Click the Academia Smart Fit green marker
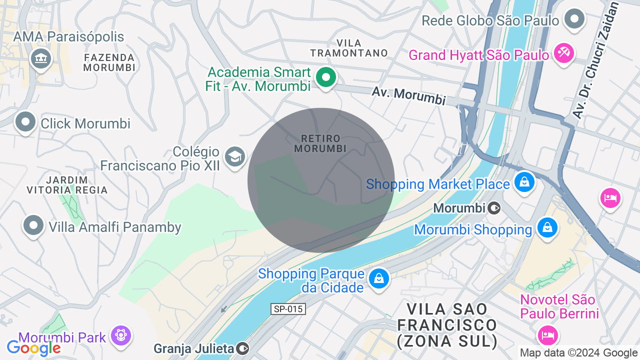coord(326,77)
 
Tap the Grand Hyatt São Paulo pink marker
coord(564,53)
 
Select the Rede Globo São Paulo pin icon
coord(574,19)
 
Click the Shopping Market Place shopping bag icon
coord(524,181)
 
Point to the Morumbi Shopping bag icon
coord(547,228)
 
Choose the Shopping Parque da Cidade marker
coord(379,278)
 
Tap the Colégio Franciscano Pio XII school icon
coord(234,157)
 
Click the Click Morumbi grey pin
coord(25,121)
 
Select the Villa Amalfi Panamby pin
coord(33,225)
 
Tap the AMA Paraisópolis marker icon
coord(41,58)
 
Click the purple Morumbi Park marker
coord(120,334)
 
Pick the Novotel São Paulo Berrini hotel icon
coord(547,334)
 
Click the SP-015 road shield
coord(288,309)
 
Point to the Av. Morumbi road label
coord(408,95)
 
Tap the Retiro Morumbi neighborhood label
coord(320,143)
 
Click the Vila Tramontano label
coord(349,48)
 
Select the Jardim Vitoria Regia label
coord(67,185)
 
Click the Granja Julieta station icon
coord(243,347)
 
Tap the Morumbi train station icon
coord(494,207)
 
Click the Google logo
coord(34,348)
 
